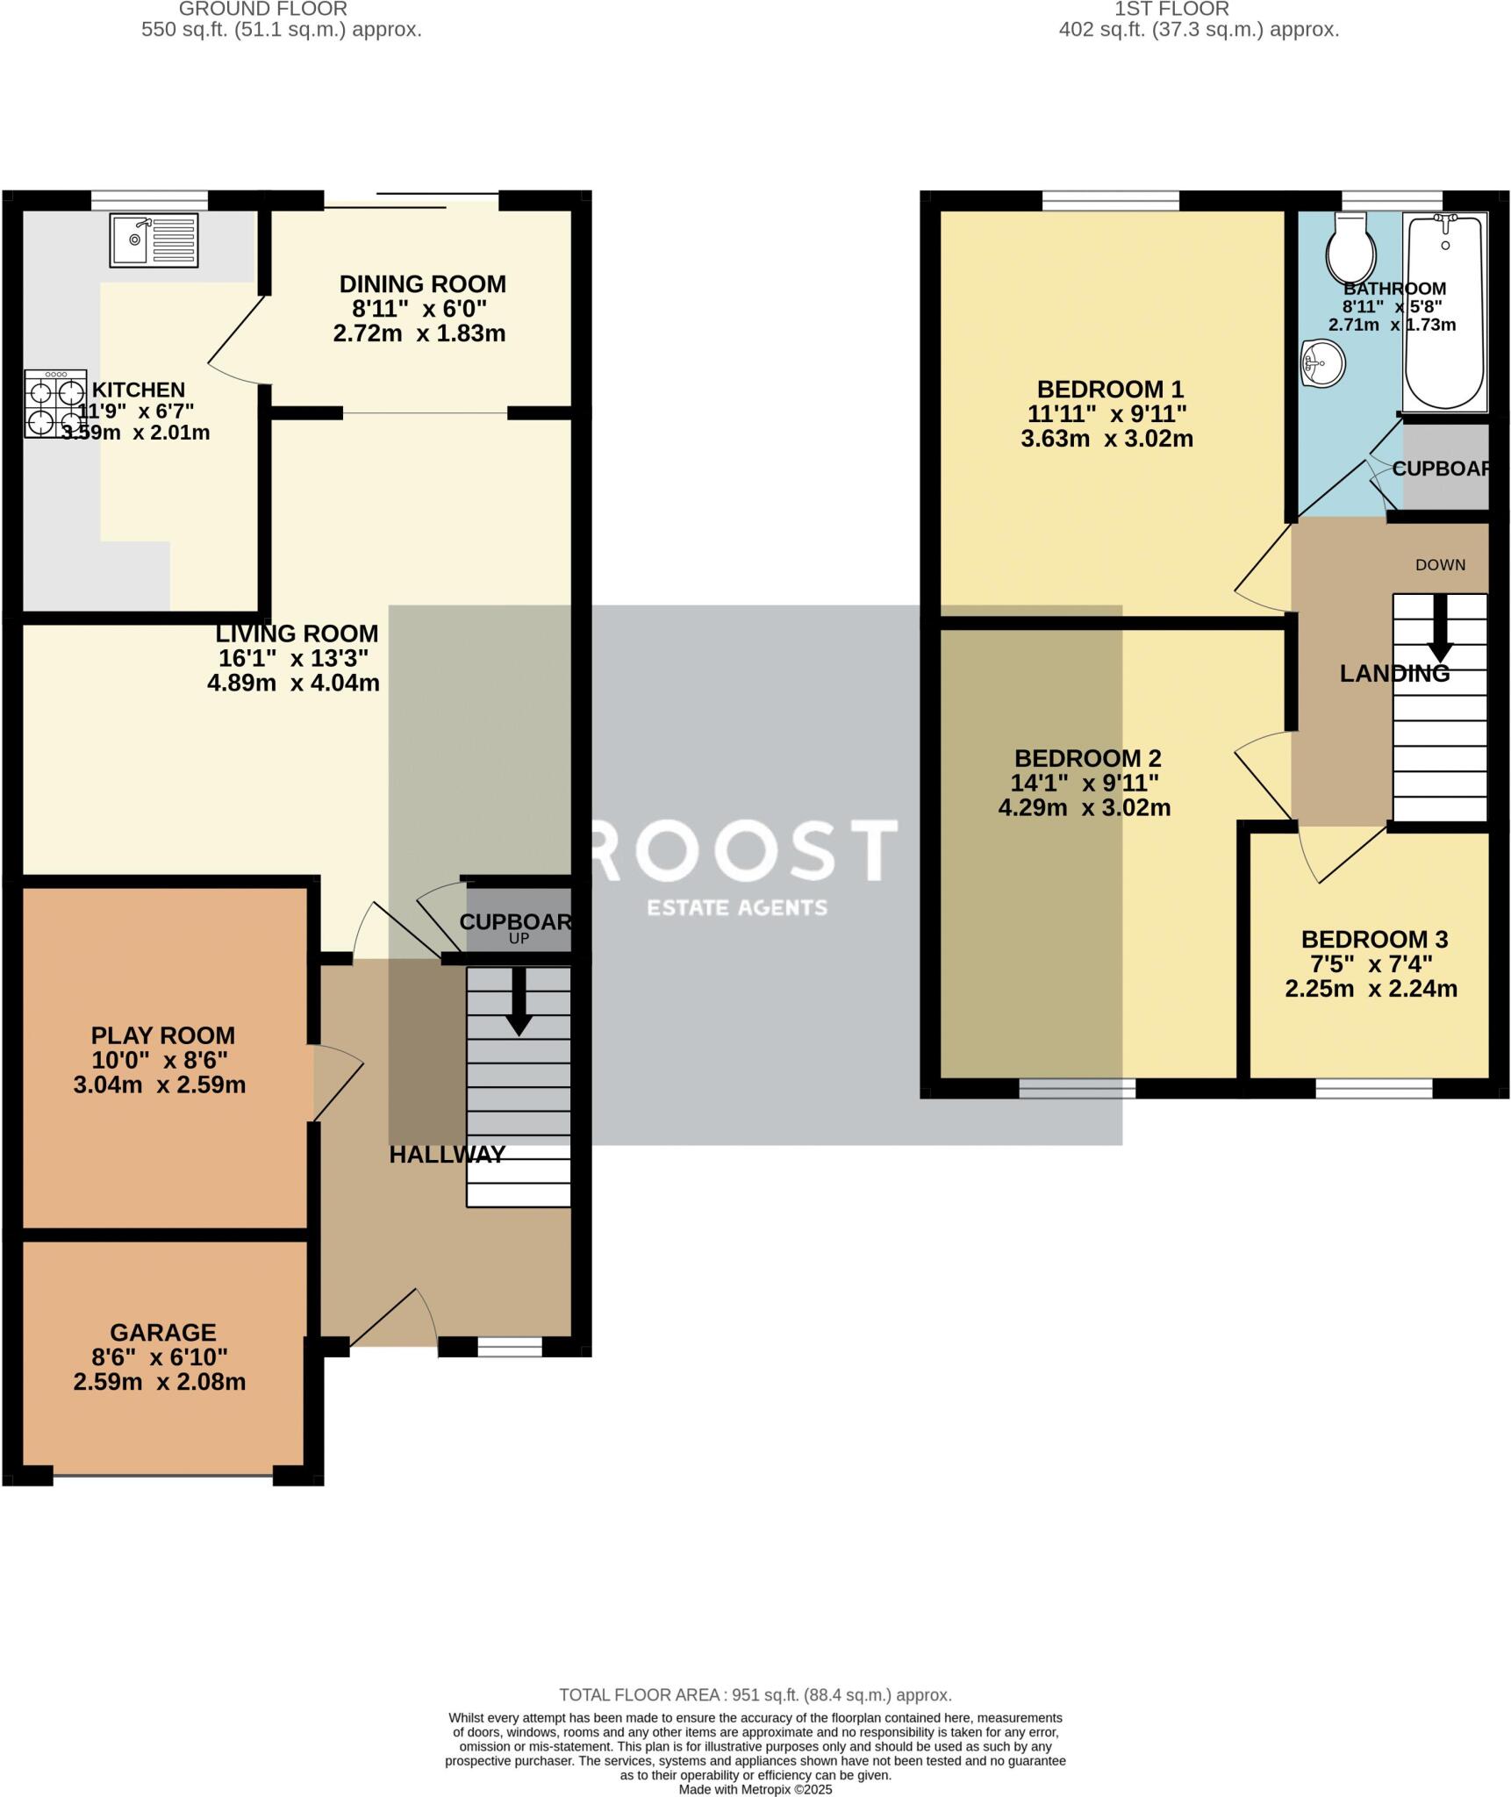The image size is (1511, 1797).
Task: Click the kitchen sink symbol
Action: pos(154,240)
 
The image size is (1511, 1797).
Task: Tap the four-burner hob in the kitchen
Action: pos(55,403)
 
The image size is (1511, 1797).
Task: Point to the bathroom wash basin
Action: pos(1322,363)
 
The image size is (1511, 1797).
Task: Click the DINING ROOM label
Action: pos(422,284)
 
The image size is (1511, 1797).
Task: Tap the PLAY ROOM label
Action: pos(162,1035)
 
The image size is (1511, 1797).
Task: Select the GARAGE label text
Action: pos(162,1333)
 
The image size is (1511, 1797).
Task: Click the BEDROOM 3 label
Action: pos(1373,940)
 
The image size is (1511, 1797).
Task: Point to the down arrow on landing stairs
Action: pos(1439,629)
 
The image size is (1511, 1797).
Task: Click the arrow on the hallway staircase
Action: pos(519,1002)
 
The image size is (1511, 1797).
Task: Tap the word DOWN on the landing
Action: pos(1440,565)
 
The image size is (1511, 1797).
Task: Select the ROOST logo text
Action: pos(741,849)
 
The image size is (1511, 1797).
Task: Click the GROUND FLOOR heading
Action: pos(263,10)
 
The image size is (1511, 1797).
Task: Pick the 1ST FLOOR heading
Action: pos(1171,10)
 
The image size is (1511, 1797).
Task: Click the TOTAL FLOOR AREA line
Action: pos(755,1695)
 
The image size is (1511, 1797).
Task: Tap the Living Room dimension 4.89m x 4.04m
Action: pos(293,683)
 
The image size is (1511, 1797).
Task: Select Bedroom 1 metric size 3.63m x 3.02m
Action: pos(1106,439)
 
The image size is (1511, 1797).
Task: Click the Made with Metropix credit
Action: pos(755,1789)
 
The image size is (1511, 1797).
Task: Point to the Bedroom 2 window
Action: pos(1077,1089)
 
